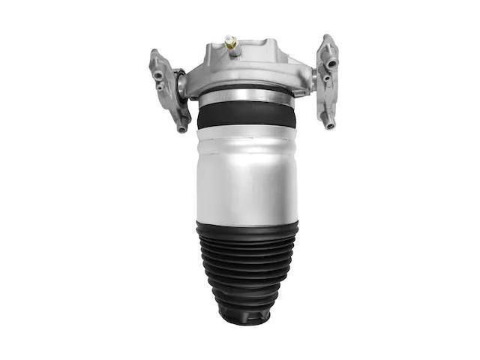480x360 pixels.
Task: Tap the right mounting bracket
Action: click(x=327, y=82)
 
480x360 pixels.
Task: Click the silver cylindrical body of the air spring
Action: click(x=246, y=176)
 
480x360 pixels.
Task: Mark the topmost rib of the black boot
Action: click(x=246, y=226)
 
